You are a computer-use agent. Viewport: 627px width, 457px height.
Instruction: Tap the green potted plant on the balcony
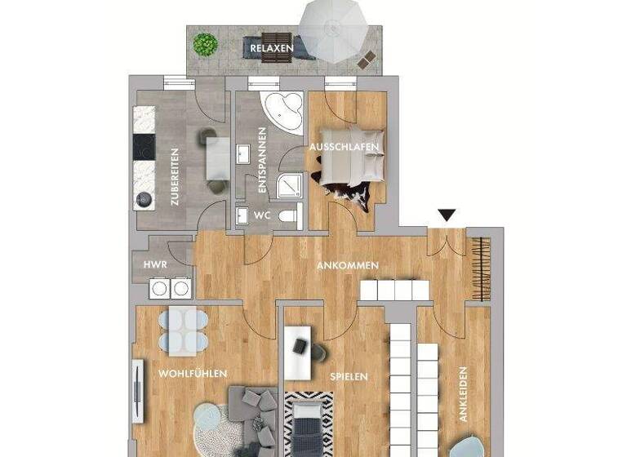point(206,43)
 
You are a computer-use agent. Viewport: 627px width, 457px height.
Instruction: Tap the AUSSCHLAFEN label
point(343,146)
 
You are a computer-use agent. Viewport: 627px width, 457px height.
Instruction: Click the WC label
point(262,215)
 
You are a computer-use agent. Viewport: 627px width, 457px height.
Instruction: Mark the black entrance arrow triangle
point(445,215)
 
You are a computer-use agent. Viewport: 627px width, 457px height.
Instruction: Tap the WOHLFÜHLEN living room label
point(193,373)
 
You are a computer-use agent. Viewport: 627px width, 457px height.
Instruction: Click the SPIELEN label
point(349,376)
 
